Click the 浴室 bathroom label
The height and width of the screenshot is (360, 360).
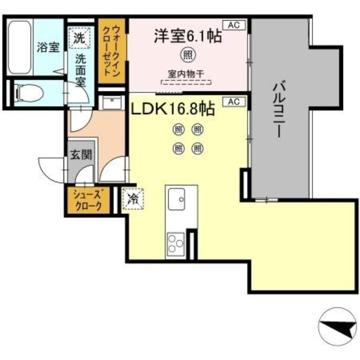click(x=48, y=48)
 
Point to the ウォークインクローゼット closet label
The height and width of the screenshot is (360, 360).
click(x=111, y=50)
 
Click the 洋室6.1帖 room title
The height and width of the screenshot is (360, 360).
click(x=188, y=36)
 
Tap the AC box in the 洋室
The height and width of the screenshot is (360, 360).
click(x=234, y=25)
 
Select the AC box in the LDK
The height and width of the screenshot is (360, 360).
click(x=234, y=102)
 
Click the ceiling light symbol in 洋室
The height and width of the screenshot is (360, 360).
click(x=187, y=55)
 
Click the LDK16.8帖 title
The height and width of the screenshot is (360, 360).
click(x=172, y=109)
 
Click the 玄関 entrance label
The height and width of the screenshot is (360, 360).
click(x=81, y=155)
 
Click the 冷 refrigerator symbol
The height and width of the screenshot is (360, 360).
click(x=133, y=198)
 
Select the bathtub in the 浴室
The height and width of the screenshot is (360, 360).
click(x=21, y=48)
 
